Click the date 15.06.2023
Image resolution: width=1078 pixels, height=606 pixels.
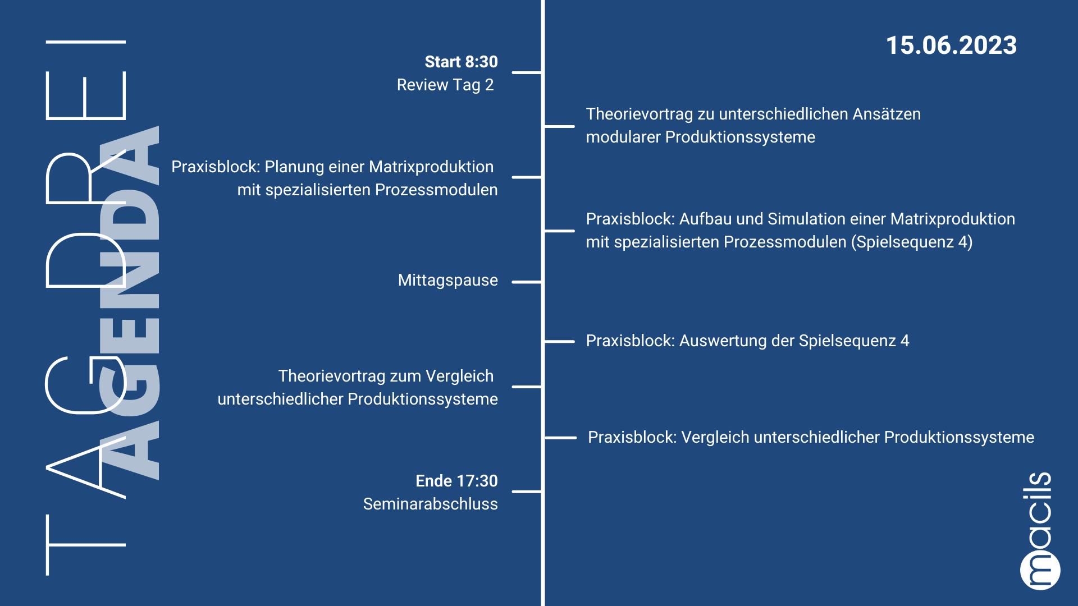[x=951, y=45]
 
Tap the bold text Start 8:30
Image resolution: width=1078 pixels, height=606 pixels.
[x=461, y=62]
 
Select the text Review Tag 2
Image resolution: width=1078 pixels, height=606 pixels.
[x=445, y=85]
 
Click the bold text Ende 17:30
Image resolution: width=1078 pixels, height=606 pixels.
[x=456, y=481]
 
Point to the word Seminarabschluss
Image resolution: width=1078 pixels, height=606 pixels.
[x=430, y=504]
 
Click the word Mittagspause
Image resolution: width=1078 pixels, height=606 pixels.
[x=447, y=280]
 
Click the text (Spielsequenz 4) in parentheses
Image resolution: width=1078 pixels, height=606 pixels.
[x=912, y=242]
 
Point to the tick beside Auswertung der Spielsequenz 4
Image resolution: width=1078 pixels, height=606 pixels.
[x=559, y=341]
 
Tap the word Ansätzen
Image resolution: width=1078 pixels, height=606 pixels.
[x=887, y=114]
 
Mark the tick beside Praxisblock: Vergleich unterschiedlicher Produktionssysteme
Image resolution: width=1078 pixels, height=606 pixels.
[x=560, y=438]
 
